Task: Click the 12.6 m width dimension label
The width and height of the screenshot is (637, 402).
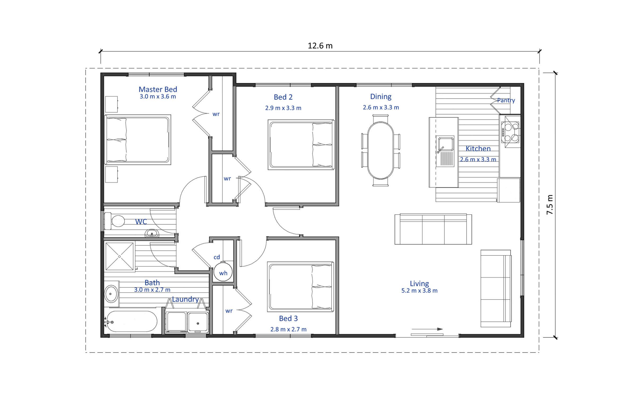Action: point(320,46)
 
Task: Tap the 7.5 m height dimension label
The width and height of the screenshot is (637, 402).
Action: point(550,204)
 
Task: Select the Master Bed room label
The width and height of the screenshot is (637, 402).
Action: point(158,89)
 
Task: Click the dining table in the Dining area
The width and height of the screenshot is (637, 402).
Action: point(380,150)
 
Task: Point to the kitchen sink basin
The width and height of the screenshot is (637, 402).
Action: point(446,144)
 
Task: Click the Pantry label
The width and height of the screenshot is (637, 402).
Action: point(506,100)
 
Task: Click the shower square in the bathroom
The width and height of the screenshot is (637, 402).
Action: point(119,256)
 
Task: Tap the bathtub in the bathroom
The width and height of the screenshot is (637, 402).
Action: point(132,322)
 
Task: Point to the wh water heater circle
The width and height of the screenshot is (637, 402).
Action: point(223,272)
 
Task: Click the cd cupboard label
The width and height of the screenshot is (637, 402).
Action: point(217,257)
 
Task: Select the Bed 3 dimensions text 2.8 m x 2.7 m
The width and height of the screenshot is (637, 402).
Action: point(288,329)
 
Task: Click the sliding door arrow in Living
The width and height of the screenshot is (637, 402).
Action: point(427,329)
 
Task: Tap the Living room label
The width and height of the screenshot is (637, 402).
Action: point(419,284)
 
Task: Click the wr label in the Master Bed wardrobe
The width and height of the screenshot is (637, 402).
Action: point(216,114)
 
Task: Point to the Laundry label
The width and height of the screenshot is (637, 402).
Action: point(185,299)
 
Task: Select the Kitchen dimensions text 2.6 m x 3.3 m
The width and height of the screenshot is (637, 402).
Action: point(478,159)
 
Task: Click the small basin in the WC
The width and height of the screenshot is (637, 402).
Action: point(152,233)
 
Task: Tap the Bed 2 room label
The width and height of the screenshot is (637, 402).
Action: point(283,97)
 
